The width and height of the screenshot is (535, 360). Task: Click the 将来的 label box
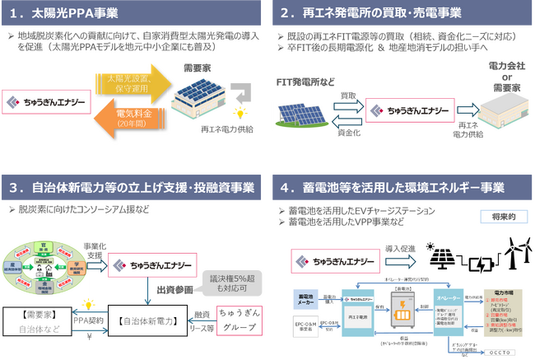coord(501,217)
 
